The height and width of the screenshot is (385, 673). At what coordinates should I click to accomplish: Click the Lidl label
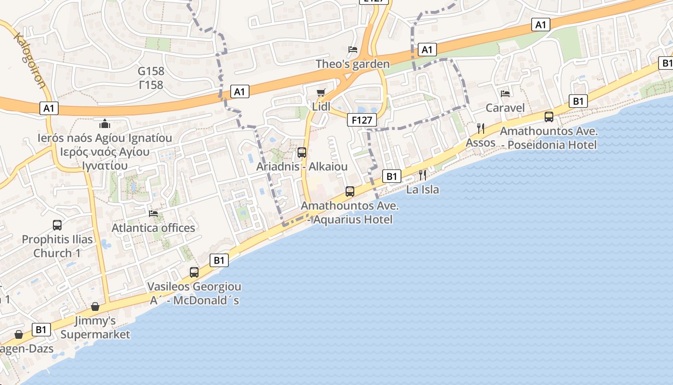tap(321, 106)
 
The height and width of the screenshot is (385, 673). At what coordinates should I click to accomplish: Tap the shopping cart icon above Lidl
tap(321, 92)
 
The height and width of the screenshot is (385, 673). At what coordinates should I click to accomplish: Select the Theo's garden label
tap(352, 64)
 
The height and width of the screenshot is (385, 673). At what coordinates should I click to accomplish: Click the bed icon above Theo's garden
tap(352, 50)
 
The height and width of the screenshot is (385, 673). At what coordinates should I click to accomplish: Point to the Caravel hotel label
tap(505, 107)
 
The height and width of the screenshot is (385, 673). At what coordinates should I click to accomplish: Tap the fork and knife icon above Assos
tap(480, 128)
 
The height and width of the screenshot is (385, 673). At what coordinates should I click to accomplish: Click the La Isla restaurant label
tap(423, 189)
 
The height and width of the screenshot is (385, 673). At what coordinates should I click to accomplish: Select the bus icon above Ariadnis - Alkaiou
tap(302, 153)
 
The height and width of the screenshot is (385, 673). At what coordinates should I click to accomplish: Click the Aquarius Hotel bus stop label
tap(349, 213)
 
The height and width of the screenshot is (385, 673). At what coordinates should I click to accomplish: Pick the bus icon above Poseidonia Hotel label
tap(548, 116)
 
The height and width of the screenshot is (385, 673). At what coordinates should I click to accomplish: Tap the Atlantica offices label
tap(153, 228)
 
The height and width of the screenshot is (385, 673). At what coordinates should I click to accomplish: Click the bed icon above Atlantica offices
tap(153, 213)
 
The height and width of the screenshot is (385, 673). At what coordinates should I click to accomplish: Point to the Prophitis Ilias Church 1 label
tap(57, 246)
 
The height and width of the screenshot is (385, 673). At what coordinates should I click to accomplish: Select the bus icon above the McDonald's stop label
tap(194, 272)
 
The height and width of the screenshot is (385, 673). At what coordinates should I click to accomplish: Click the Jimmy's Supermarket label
tap(95, 327)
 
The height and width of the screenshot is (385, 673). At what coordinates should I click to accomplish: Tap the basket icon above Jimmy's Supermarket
tap(95, 307)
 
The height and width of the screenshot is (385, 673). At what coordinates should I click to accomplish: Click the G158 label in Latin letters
tap(151, 71)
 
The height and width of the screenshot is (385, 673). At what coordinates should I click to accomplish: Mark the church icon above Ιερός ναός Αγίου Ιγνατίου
tap(105, 124)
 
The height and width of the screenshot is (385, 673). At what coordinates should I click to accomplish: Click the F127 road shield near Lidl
tap(361, 120)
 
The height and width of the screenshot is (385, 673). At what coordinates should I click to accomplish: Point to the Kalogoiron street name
tap(30, 60)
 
